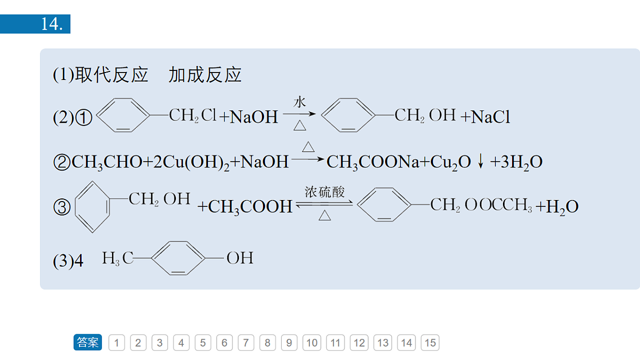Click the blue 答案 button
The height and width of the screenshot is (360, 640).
87,342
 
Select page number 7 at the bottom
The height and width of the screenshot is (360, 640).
246,342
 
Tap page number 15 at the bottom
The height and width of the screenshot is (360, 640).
430,342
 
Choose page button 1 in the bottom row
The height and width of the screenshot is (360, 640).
117,342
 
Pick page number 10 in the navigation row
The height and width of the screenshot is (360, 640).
311,342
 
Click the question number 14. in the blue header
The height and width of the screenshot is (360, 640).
52,24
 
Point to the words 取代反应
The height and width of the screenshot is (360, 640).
111,75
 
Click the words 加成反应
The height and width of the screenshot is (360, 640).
205,75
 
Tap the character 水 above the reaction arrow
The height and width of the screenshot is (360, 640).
299,102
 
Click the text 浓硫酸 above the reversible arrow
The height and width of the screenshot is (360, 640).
325,192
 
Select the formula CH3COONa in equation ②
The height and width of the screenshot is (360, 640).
373,162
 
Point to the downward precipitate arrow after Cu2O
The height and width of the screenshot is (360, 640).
481,161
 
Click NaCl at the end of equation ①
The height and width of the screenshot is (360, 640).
490,117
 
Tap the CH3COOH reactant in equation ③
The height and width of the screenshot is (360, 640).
250,206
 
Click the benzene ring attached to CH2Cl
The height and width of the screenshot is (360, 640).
123,115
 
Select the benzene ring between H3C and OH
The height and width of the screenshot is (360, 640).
178,258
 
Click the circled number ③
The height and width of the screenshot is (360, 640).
62,207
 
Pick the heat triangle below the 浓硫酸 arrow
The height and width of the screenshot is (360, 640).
325,215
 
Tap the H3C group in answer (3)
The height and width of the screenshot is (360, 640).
118,258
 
